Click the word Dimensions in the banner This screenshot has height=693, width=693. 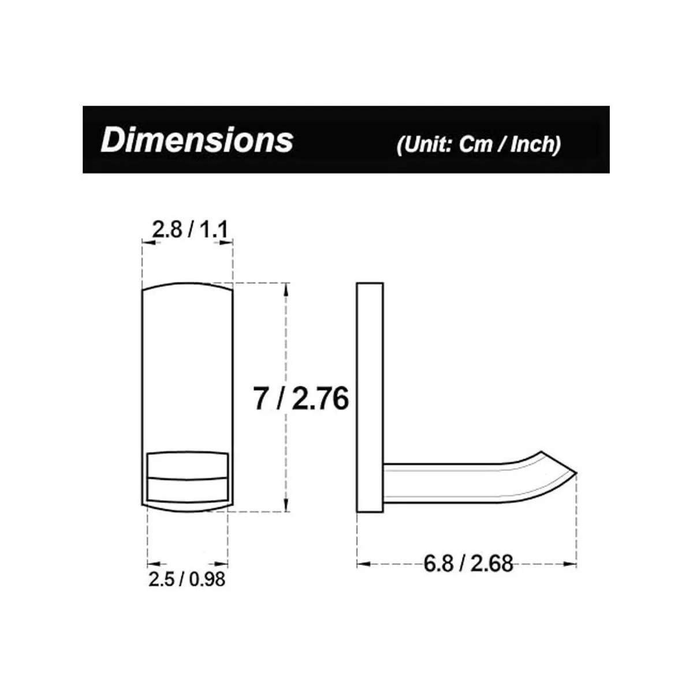point(197,140)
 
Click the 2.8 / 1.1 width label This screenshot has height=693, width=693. point(190,230)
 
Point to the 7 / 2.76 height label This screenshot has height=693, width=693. point(301,398)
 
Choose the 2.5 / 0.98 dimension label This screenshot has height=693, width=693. point(187,579)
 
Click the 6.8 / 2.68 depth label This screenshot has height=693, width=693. point(468,564)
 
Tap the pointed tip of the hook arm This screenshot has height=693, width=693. point(576,472)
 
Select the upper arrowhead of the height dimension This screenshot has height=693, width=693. point(286,289)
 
